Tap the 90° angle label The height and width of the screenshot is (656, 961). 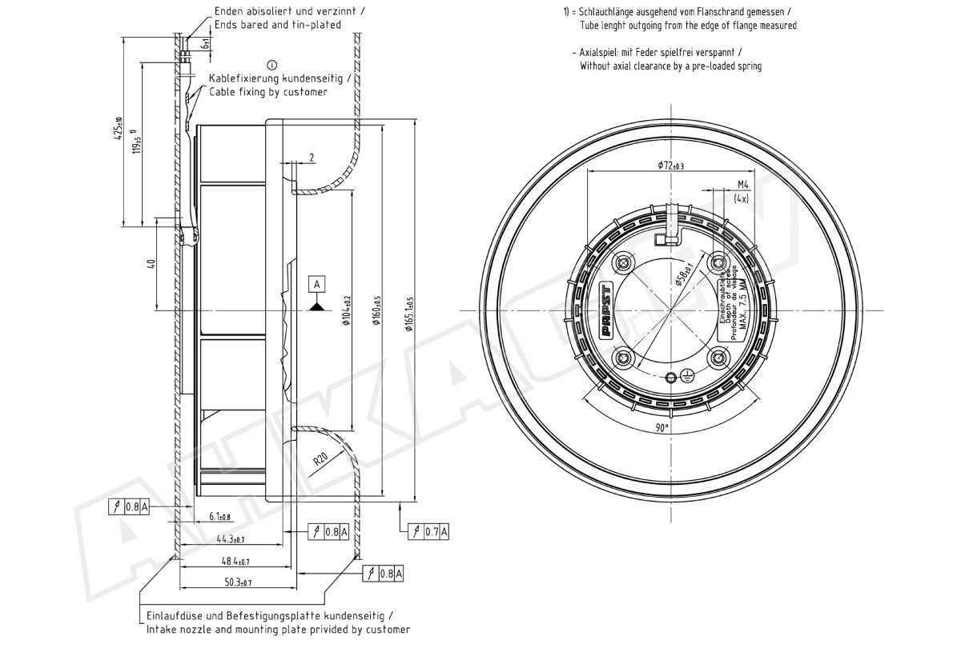tap(661, 428)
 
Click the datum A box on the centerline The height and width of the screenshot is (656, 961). tap(317, 284)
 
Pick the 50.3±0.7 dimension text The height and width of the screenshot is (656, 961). tap(238, 582)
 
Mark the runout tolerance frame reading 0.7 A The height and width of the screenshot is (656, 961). tap(429, 530)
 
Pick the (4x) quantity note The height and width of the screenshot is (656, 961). tap(741, 198)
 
